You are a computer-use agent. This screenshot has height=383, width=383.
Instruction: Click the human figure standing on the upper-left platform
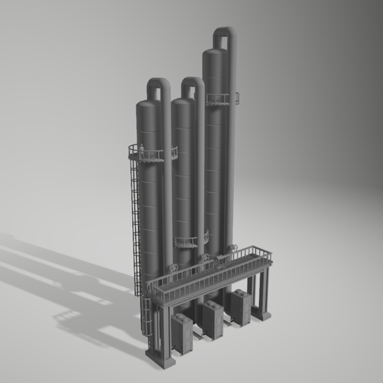[142, 153]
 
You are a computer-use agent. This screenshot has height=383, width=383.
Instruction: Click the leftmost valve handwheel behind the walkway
[173, 268]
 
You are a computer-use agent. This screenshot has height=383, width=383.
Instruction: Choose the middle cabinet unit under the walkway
[213, 319]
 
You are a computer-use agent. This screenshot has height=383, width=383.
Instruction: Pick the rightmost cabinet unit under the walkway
[241, 307]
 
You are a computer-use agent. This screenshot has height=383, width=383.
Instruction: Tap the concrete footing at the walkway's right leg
[262, 315]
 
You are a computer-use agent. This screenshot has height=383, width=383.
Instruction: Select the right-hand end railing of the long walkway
[262, 254]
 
